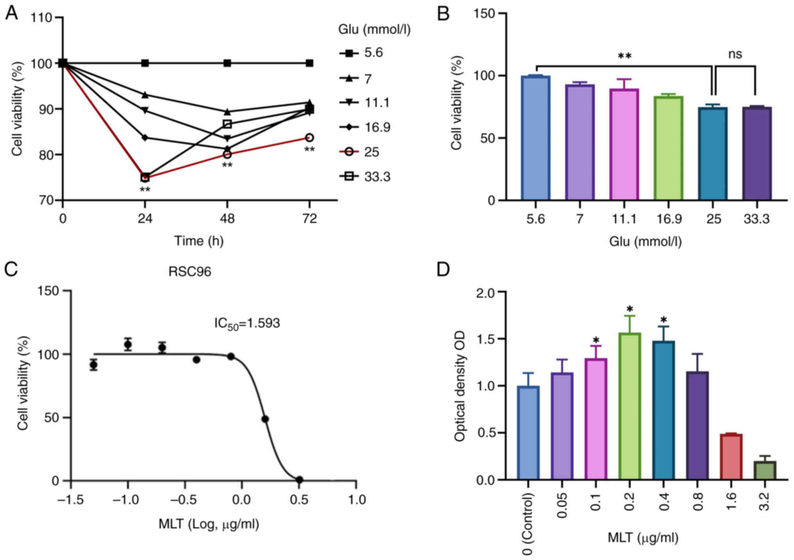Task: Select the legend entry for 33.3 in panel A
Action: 365,177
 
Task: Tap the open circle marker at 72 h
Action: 309,138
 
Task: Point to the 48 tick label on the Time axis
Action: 227,218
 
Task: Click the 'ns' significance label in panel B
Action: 735,54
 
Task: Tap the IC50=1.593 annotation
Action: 247,323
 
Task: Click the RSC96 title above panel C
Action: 190,271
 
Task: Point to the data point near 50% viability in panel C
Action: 265,419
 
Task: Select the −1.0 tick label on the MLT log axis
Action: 127,499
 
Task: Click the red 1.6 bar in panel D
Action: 731,456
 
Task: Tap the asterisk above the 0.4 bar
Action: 663,320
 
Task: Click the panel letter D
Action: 443,270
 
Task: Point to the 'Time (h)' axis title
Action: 198,241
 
